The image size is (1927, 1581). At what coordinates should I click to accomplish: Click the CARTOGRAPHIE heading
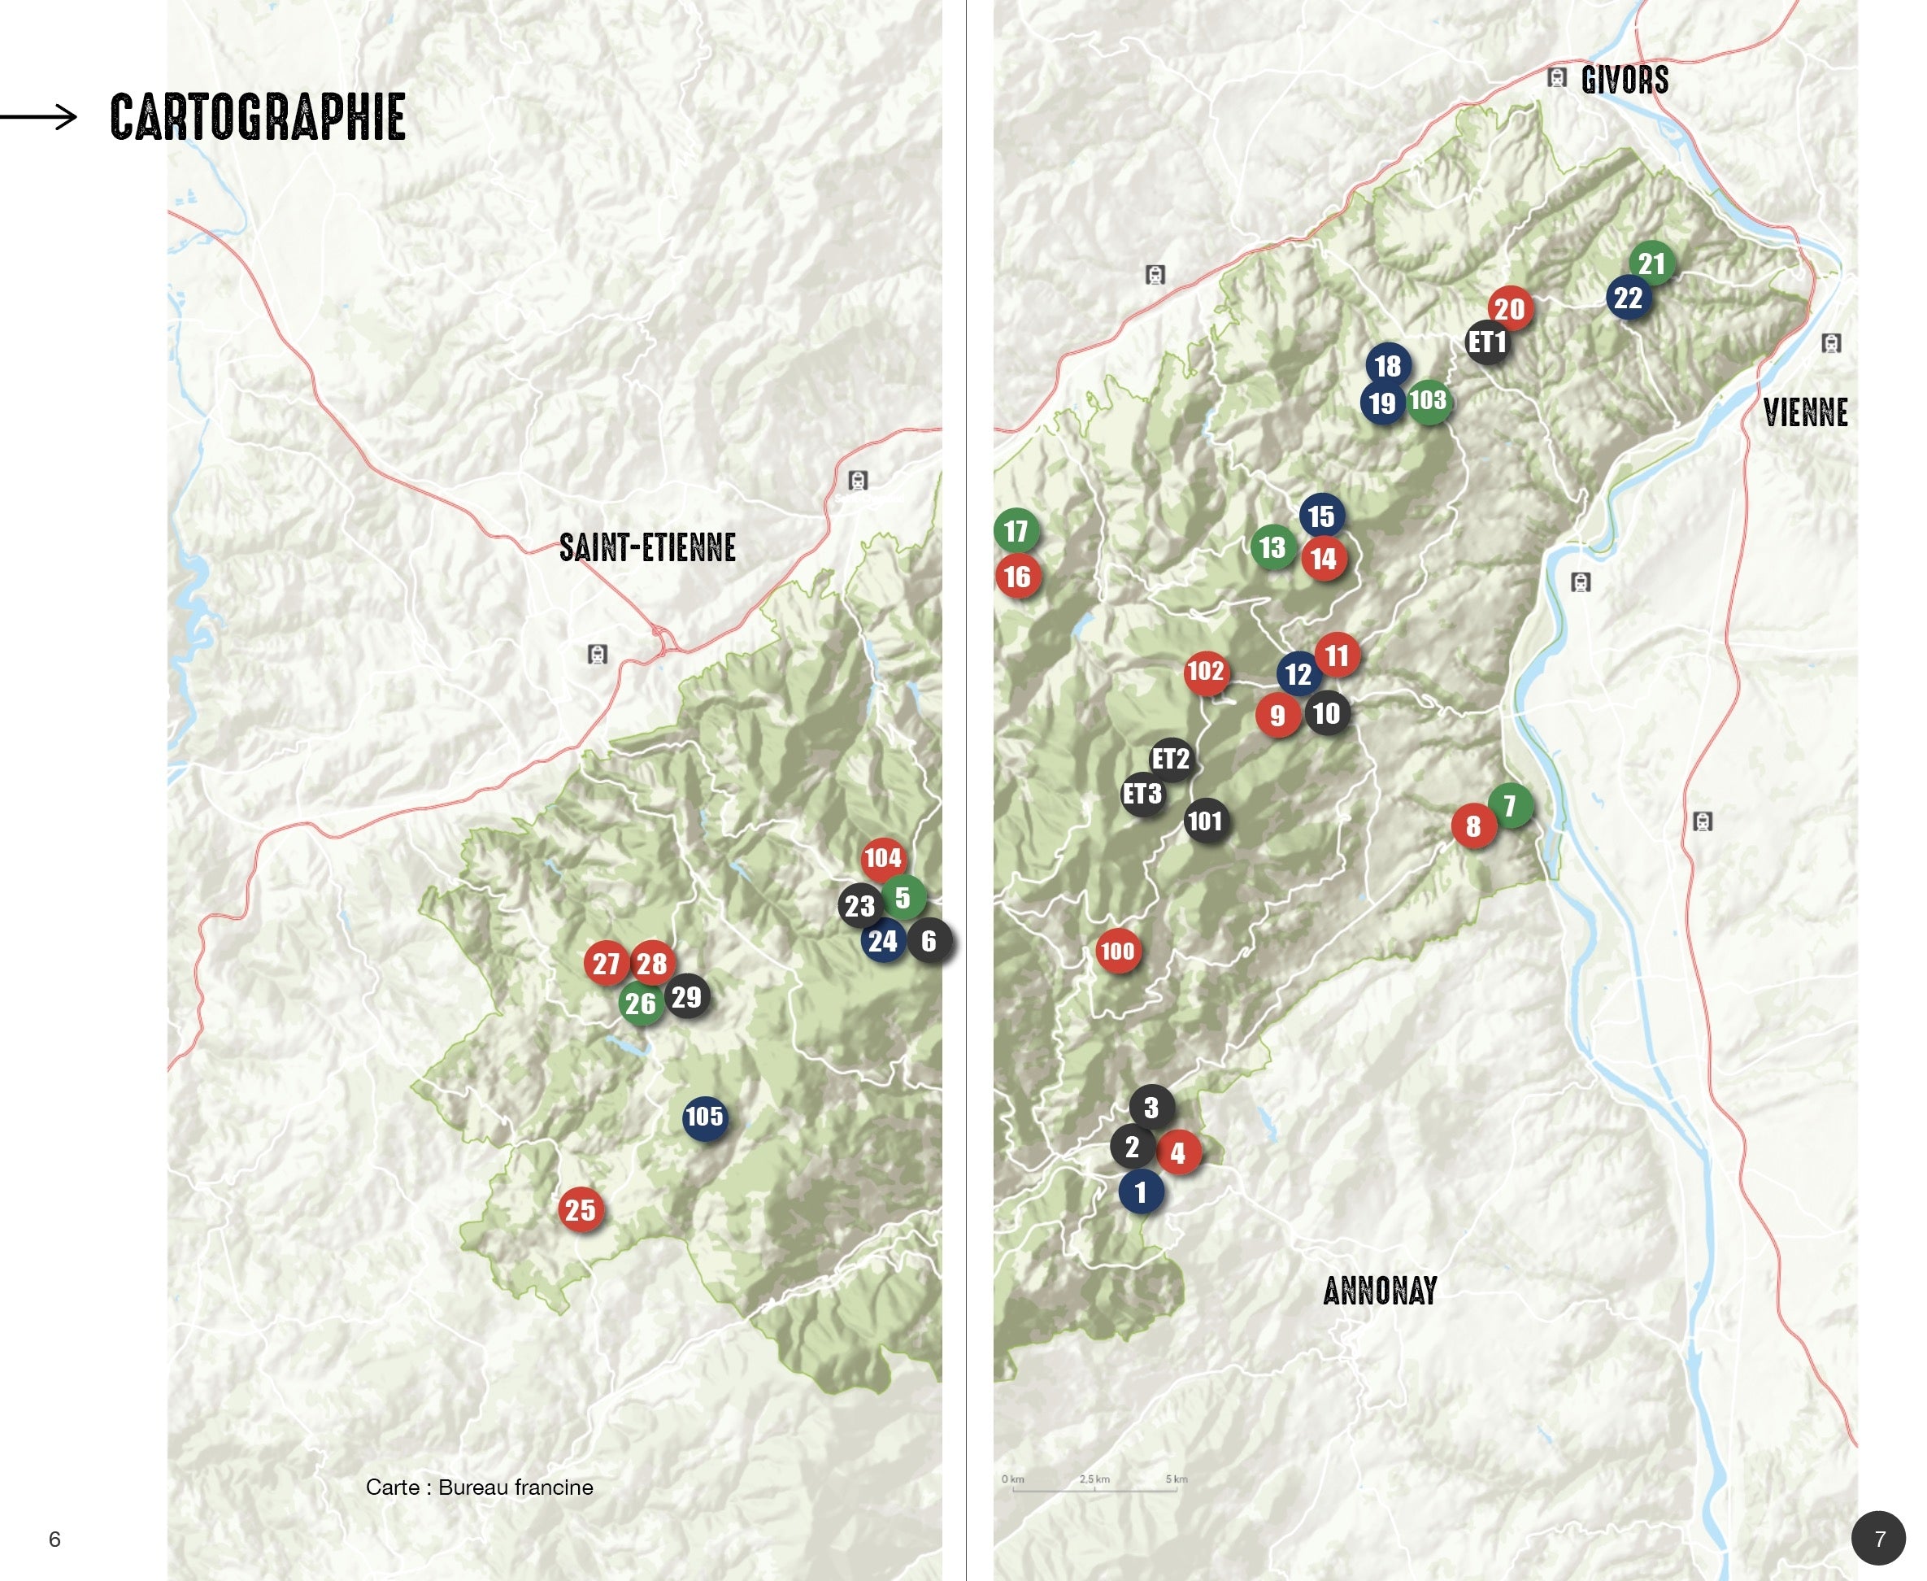[x=258, y=116]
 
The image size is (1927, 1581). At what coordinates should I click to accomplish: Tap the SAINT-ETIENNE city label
[x=647, y=547]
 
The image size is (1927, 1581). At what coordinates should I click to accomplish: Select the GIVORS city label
[x=1625, y=81]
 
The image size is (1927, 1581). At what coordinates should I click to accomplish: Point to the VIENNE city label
[x=1805, y=412]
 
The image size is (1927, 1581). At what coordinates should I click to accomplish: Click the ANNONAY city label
[x=1380, y=1291]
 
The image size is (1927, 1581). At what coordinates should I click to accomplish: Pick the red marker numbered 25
[x=581, y=1209]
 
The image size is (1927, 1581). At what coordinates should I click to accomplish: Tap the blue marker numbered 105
[x=704, y=1117]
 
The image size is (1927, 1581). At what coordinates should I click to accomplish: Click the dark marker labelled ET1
[x=1487, y=342]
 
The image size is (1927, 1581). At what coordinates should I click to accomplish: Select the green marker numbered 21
[x=1651, y=264]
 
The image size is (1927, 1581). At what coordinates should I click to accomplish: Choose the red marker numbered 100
[x=1118, y=952]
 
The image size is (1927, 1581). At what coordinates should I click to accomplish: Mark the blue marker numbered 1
[x=1141, y=1192]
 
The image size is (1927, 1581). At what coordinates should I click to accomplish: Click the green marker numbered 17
[x=1016, y=531]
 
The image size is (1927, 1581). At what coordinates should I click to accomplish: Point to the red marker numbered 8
[x=1472, y=827]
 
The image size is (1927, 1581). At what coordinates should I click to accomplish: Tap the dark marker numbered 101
[x=1205, y=821]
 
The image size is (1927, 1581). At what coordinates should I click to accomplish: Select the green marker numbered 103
[x=1429, y=401]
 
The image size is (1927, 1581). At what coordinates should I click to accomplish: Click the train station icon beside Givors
[x=1557, y=77]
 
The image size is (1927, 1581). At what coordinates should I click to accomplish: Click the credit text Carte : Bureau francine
[x=479, y=1487]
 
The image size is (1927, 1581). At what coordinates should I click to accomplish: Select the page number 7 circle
[x=1879, y=1538]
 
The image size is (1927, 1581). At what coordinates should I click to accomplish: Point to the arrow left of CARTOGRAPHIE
[x=38, y=116]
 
